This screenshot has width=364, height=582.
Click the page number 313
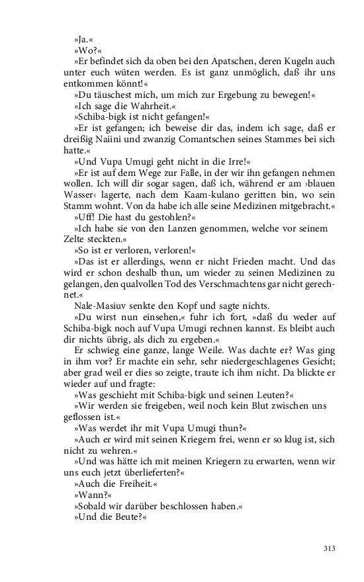click(330, 548)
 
